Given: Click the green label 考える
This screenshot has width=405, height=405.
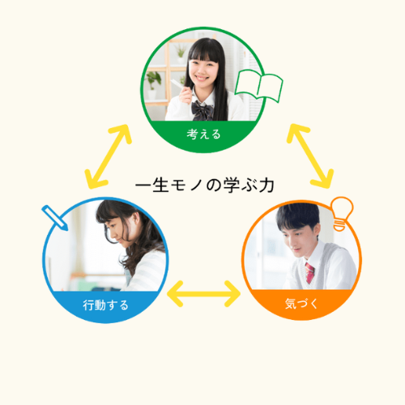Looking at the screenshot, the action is (203, 134).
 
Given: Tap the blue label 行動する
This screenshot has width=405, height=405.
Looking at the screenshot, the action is (105, 305).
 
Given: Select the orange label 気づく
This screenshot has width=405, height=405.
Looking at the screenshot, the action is (301, 304).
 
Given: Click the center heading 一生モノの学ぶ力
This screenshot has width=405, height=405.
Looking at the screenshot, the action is (205, 185).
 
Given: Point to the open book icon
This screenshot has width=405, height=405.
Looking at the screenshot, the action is (258, 86).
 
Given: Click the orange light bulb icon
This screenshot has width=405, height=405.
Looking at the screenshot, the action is (343, 213).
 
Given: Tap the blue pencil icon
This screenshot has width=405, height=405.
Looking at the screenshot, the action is (55, 218).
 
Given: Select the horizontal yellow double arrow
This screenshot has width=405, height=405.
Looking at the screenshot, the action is (203, 294).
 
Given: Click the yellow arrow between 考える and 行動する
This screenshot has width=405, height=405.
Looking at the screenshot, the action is (108, 156).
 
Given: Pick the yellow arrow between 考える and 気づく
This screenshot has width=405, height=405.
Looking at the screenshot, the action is (310, 156).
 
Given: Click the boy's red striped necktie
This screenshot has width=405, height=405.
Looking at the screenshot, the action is (309, 273).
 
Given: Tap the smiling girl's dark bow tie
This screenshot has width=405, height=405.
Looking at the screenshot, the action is (202, 111).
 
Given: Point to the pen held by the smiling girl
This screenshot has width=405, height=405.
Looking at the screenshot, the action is (181, 86).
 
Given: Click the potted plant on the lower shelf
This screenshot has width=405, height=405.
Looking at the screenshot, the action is (153, 84).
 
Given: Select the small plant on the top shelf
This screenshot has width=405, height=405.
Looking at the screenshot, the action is (181, 53).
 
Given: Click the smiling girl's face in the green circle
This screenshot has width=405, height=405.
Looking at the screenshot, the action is (203, 70).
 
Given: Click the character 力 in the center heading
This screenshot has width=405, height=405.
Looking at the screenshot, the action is (266, 185).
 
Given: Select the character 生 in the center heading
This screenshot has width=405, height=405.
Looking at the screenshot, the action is (160, 185).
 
